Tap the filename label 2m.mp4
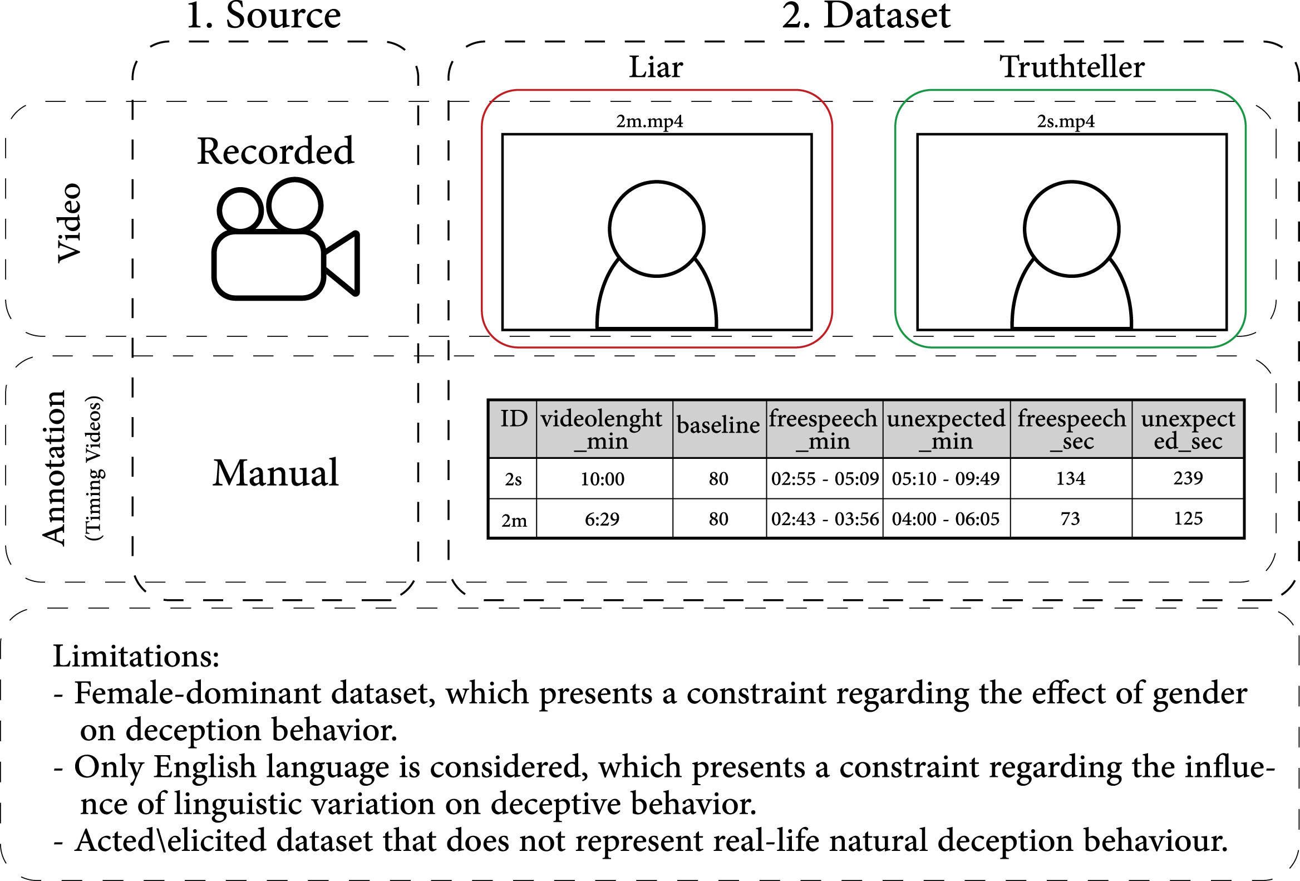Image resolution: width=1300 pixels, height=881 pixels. pos(649,121)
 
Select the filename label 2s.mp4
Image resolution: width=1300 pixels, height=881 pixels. pos(1066,121)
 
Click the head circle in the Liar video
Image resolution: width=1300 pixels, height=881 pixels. pos(657,228)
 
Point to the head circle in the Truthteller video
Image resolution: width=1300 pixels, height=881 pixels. pos(1071,228)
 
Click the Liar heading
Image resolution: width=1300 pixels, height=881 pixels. pos(656,67)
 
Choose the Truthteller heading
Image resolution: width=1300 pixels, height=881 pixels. pos(1072,67)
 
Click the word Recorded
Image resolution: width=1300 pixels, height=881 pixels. pos(275,151)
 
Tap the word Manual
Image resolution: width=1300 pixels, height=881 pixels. pos(275,473)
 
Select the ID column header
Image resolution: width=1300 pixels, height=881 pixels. pos(513,419)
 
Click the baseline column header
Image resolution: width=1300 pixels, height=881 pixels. pos(719,425)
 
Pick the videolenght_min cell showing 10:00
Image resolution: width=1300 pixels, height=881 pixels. pos(603,479)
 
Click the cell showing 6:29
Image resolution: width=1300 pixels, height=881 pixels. pos(602,520)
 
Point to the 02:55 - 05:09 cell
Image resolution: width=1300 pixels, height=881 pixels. pos(825,478)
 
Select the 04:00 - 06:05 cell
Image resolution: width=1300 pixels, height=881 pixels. pos(946,519)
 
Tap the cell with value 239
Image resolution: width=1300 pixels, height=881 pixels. pos(1188,478)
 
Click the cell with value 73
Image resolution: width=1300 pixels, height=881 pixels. pos(1070,519)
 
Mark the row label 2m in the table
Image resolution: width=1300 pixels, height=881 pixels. pos(514,521)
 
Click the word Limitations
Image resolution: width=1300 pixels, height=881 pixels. pos(135,656)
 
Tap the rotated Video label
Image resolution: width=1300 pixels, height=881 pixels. pos(70,222)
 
